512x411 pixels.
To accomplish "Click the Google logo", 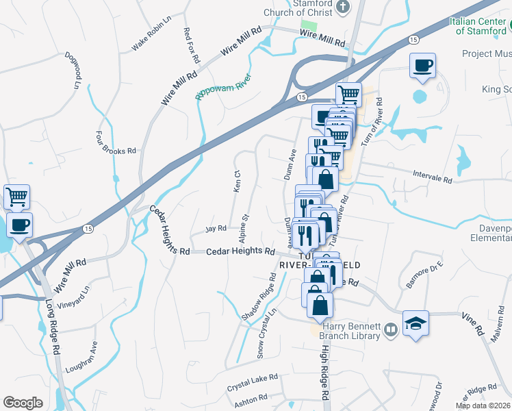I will pyautogui.click(x=23, y=403).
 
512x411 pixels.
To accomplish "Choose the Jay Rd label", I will pyautogui.click(x=216, y=228).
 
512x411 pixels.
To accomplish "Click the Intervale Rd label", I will pyautogui.click(x=433, y=177).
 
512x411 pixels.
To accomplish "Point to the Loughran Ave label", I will pyautogui.click(x=81, y=357).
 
